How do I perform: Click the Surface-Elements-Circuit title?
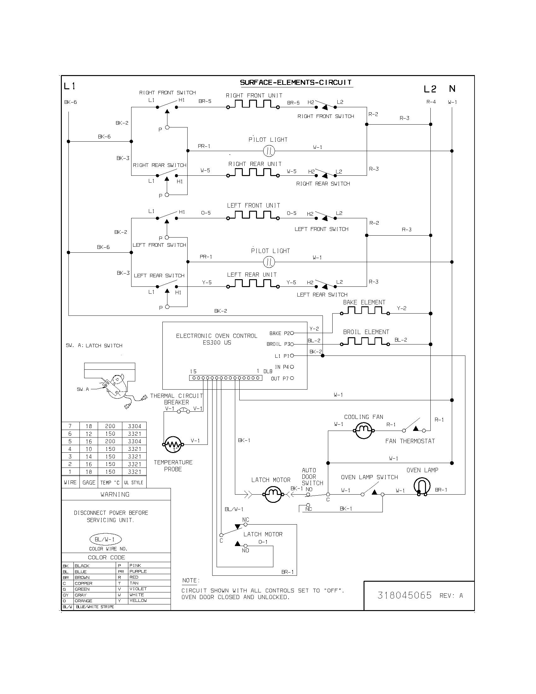tap(296, 83)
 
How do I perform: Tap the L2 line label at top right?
tap(430, 89)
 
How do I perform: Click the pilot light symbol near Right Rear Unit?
tap(269, 151)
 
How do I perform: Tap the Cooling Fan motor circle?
tap(363, 431)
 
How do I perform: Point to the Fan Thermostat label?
tap(410, 441)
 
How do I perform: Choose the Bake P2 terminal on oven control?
tap(292, 333)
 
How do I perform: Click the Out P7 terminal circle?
tap(292, 378)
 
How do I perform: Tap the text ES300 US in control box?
tap(217, 343)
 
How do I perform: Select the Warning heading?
tap(115, 494)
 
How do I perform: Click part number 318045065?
tap(405, 595)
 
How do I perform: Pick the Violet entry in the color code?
tap(138, 589)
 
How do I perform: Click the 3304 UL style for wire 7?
tap(135, 426)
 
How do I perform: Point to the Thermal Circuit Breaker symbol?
tap(184, 411)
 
